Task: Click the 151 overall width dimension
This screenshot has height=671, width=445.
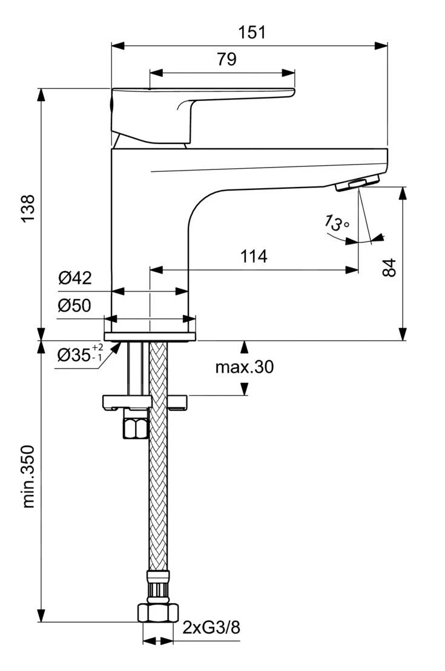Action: point(251,32)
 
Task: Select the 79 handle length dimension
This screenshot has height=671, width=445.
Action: point(226,59)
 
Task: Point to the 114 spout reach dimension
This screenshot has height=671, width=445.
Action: point(253,256)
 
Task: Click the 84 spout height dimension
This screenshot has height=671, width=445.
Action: point(390,266)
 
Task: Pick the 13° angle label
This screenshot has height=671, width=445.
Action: point(337,223)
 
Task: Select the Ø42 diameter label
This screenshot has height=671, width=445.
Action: point(74,278)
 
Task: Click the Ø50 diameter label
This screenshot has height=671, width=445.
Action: point(74,306)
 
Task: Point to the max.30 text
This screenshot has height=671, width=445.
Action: point(244,367)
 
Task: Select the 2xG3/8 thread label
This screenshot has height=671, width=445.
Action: point(211,627)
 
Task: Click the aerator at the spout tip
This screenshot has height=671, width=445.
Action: point(358,182)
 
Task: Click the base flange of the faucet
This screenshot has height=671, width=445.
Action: point(150,336)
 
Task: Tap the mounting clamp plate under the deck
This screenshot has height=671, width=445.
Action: point(127,401)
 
